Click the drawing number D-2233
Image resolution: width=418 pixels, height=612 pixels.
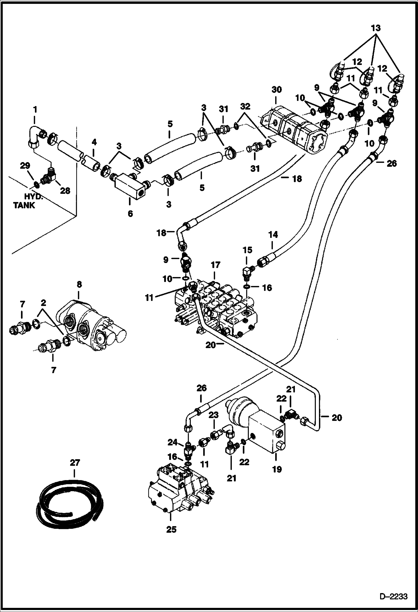pyautogui.click(x=393, y=596)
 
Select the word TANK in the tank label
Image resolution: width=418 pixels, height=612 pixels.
pyautogui.click(x=24, y=206)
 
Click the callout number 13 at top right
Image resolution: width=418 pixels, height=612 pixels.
pyautogui.click(x=376, y=28)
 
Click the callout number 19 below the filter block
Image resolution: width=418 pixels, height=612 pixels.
pyautogui.click(x=277, y=469)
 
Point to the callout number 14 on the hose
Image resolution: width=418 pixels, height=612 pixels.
pyautogui.click(x=273, y=235)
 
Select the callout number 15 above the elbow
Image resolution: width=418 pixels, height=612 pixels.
pyautogui.click(x=248, y=250)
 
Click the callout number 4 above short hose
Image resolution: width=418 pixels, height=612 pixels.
pyautogui.click(x=94, y=143)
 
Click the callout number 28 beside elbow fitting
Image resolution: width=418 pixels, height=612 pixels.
pyautogui.click(x=65, y=191)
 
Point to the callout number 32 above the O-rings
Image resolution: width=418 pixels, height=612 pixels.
pyautogui.click(x=246, y=107)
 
